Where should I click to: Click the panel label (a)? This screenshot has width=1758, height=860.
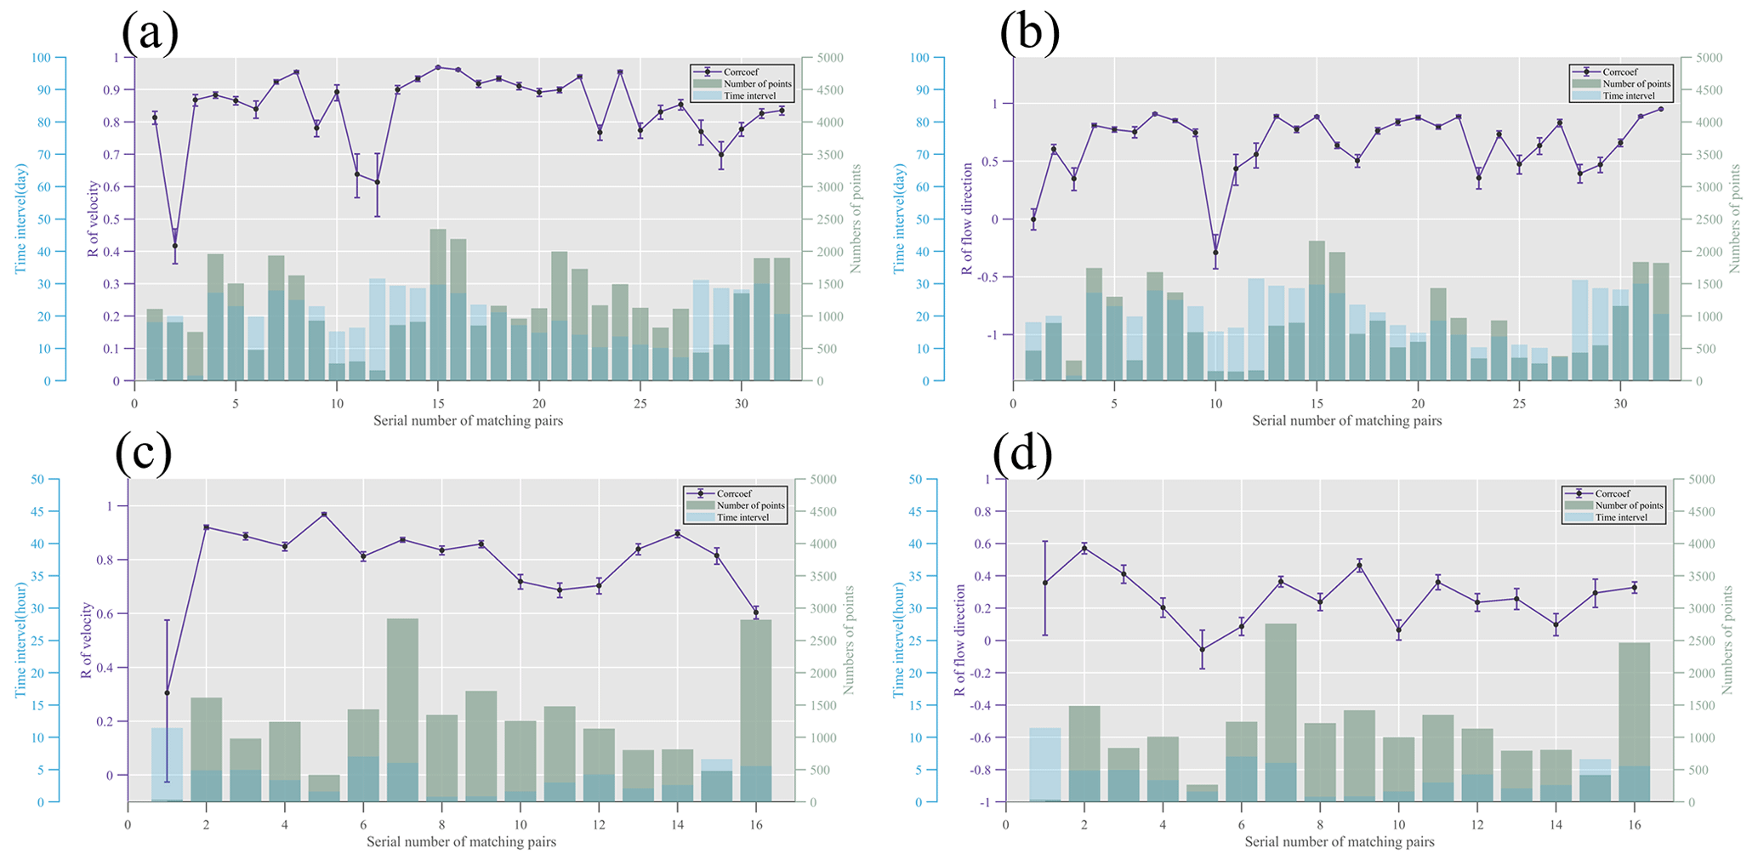pyautogui.click(x=150, y=34)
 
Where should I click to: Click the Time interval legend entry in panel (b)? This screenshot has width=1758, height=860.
pyautogui.click(x=1629, y=96)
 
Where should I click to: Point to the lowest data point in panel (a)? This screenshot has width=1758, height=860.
pyautogui.click(x=175, y=246)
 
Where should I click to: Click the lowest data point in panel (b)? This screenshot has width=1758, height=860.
pyautogui.click(x=1215, y=253)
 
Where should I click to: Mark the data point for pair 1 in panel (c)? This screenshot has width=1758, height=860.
pyautogui.click(x=168, y=692)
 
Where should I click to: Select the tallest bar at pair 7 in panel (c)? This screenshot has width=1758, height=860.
pyautogui.click(x=402, y=709)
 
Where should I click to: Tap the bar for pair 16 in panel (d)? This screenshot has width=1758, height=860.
pyautogui.click(x=1634, y=721)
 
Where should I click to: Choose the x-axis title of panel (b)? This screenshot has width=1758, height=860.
pyautogui.click(x=1346, y=420)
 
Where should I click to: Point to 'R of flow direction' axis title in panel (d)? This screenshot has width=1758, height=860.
pyautogui.click(x=959, y=640)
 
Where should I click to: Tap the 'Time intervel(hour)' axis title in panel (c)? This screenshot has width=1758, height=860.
pyautogui.click(x=20, y=640)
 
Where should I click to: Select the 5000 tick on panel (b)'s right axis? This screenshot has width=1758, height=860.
pyautogui.click(x=1695, y=58)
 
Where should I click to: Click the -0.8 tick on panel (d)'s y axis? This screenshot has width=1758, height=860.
pyautogui.click(x=987, y=770)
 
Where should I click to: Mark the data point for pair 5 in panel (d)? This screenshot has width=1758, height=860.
pyautogui.click(x=1202, y=649)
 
